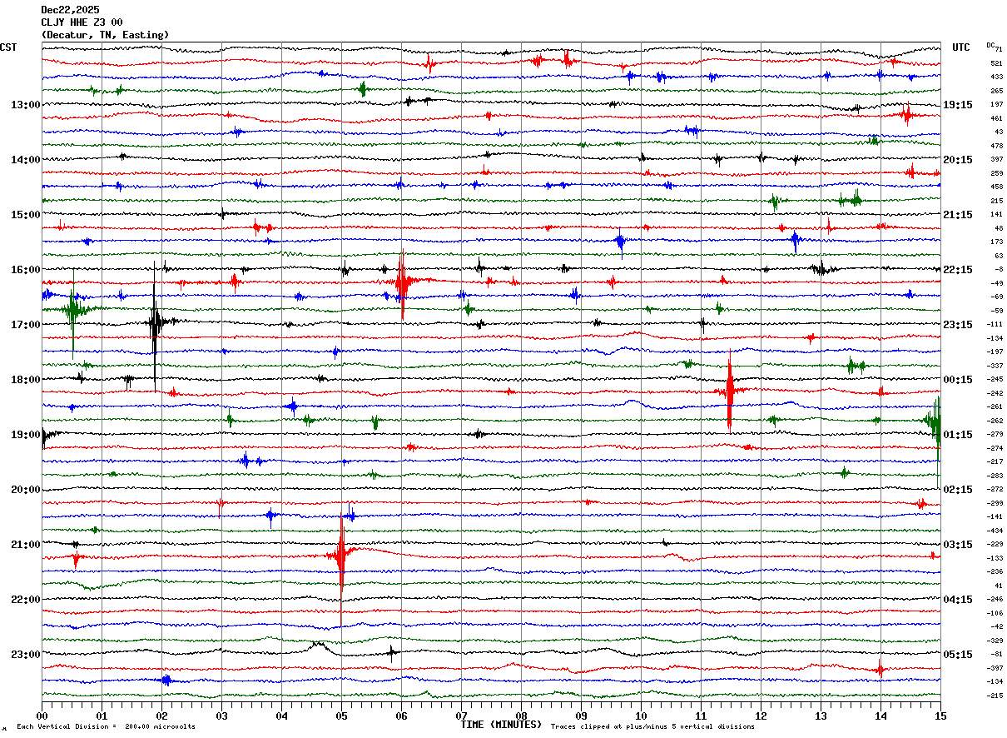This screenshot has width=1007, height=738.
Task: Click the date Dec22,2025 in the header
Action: tap(70, 10)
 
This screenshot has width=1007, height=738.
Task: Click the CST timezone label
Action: tap(8, 47)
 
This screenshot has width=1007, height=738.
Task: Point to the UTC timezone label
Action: tap(961, 47)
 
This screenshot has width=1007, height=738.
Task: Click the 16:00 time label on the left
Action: tap(25, 270)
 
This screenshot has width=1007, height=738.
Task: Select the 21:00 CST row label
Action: tap(25, 545)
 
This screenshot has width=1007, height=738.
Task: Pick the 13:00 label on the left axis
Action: tap(25, 105)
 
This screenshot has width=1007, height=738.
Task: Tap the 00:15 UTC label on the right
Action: tap(958, 380)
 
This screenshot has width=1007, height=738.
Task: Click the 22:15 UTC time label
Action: tap(958, 270)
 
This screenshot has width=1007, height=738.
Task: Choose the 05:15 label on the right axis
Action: tap(958, 655)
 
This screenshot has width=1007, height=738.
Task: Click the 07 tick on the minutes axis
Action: tap(461, 716)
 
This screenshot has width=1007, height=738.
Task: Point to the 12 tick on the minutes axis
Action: tap(761, 716)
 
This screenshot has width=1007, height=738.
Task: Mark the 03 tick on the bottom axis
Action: tap(221, 716)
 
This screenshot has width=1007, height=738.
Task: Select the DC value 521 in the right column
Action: tap(996, 63)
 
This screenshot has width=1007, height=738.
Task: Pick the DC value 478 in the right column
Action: tap(996, 146)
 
